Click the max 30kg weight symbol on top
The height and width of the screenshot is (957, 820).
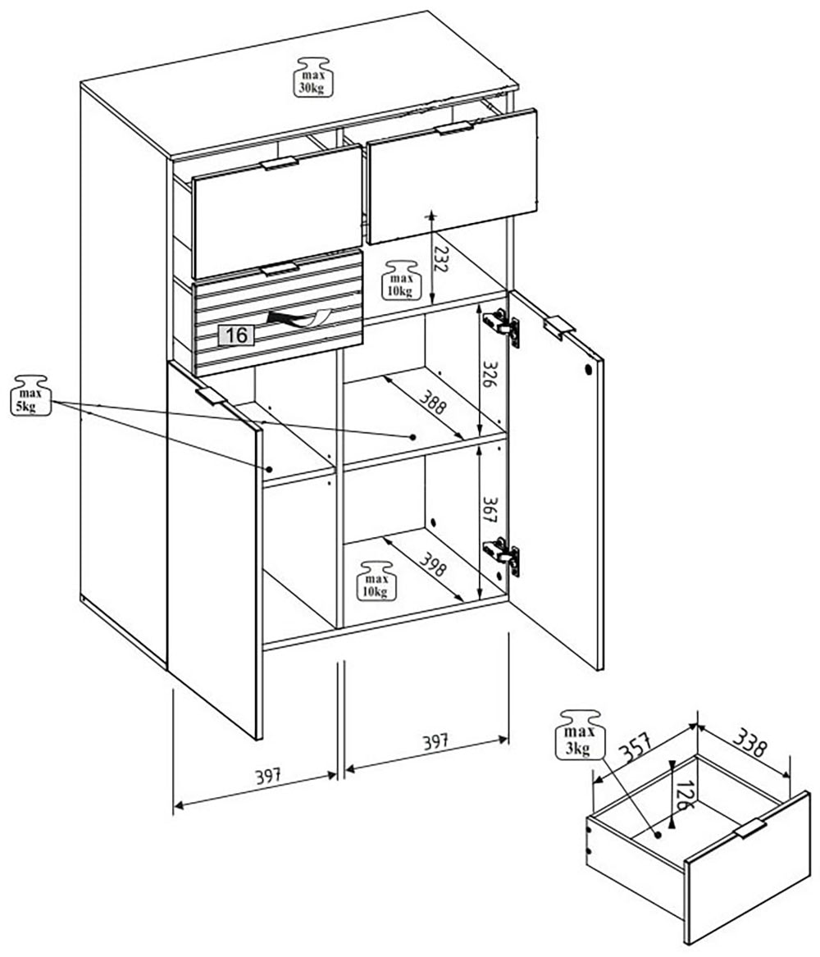pos(312,77)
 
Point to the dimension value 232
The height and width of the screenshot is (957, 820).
pos(440,261)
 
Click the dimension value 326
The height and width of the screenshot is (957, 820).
pos(490,375)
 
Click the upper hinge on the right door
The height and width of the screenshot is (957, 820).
pos(506,326)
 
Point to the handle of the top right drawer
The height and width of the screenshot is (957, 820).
pos(454,128)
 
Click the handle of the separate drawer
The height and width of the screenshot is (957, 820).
pos(749,828)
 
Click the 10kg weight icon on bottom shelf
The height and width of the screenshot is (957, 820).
pos(375,581)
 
